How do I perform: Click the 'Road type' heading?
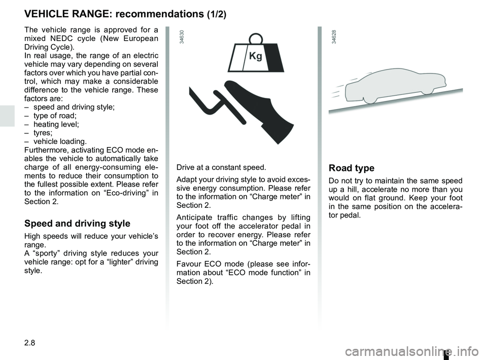coord(352,168)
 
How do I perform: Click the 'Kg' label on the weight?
coord(256,56)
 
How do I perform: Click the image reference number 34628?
coord(334,38)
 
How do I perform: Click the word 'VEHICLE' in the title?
coord(46,14)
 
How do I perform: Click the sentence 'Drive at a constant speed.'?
coord(221,167)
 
